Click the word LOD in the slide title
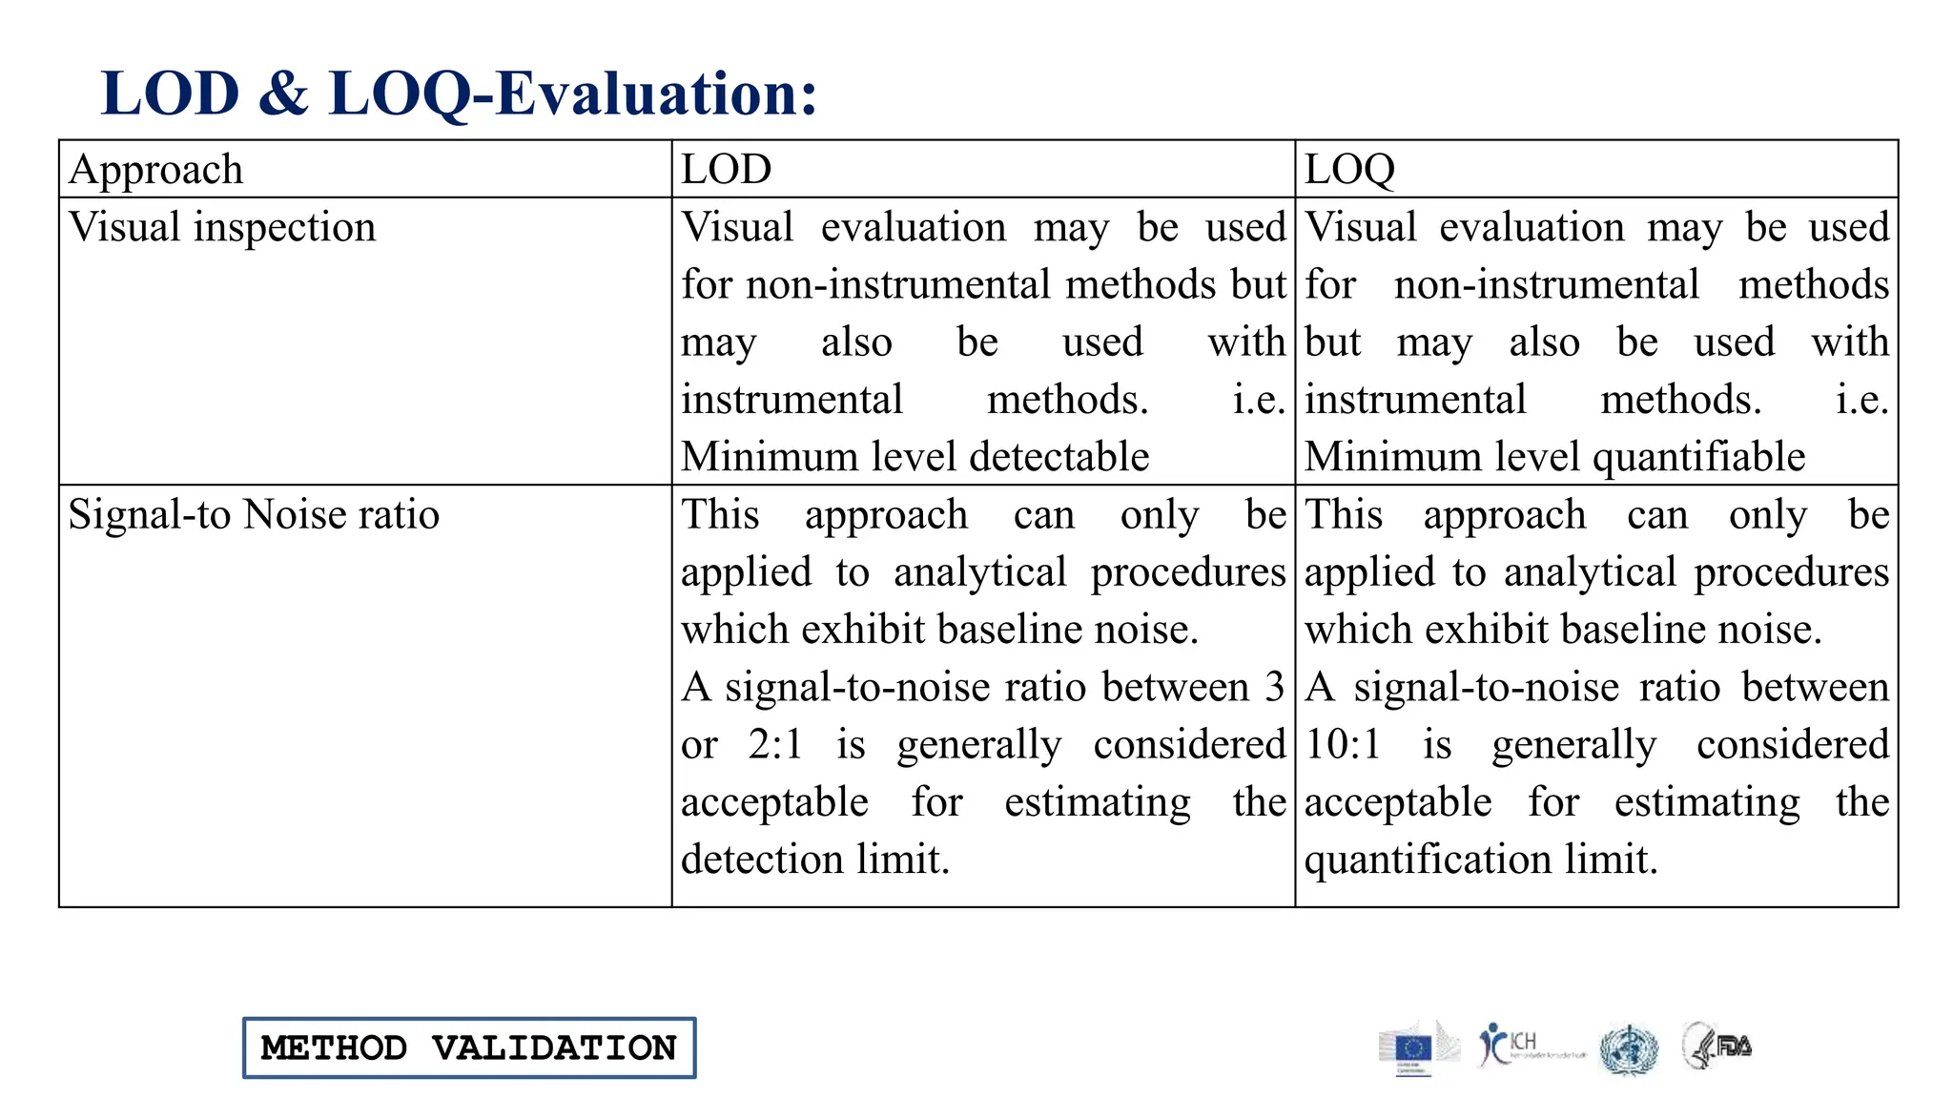(170, 93)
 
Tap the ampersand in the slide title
(283, 93)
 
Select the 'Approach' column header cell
(156, 170)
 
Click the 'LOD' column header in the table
(726, 170)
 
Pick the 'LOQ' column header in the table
(1349, 170)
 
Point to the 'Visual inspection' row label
(222, 228)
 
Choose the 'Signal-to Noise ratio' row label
(254, 515)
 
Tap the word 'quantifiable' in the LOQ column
(1698, 457)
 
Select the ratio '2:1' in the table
(775, 744)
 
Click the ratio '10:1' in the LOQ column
(1343, 744)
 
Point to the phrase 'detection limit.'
(815, 860)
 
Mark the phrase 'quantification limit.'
(1481, 860)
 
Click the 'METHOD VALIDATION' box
(469, 1047)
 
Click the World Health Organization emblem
(1629, 1049)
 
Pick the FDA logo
(1718, 1046)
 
